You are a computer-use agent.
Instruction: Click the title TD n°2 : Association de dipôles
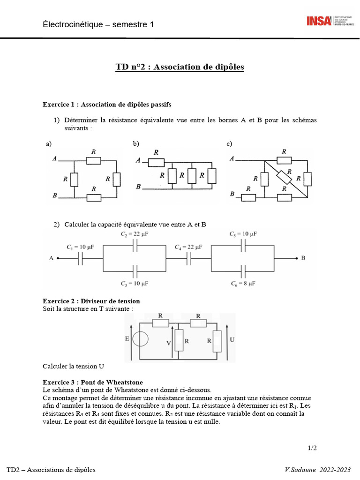[180, 67]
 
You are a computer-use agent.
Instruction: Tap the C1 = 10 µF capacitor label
[80, 247]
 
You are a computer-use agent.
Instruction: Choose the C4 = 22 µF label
[189, 247]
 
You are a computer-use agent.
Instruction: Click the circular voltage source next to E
[141, 340]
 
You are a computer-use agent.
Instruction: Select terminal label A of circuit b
[138, 161]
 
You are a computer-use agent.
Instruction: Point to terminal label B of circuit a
[55, 195]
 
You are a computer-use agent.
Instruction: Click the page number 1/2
[312, 448]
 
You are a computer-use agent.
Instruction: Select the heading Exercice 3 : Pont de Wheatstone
[93, 382]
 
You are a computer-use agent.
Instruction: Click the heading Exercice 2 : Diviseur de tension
[91, 301]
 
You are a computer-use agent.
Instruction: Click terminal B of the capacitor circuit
[303, 258]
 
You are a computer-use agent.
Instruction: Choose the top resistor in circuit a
[94, 161]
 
